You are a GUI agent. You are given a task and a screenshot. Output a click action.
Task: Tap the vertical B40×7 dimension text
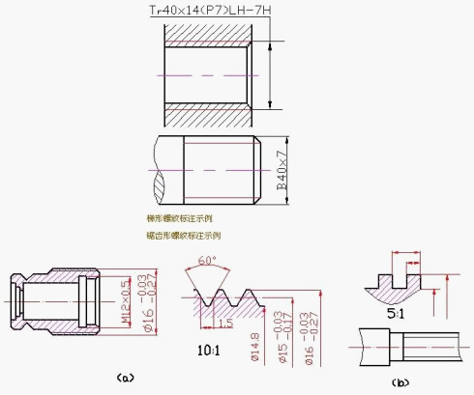point(282,170)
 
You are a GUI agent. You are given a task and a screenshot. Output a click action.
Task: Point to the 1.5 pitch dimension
point(224,322)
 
